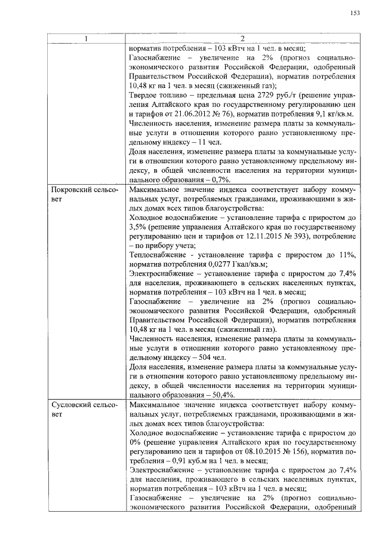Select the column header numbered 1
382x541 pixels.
click(x=86, y=39)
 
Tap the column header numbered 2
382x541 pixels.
click(x=243, y=39)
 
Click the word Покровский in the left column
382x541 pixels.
click(x=72, y=189)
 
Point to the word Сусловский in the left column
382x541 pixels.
click(x=72, y=406)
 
